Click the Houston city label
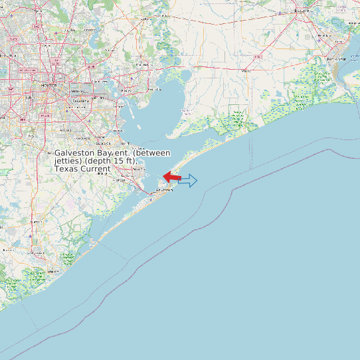[47, 86]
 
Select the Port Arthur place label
[337, 59]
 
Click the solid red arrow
[172, 177]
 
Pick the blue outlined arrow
[188, 180]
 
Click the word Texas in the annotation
[67, 169]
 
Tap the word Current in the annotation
[96, 169]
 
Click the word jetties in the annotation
[68, 161]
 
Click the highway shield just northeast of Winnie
[258, 57]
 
